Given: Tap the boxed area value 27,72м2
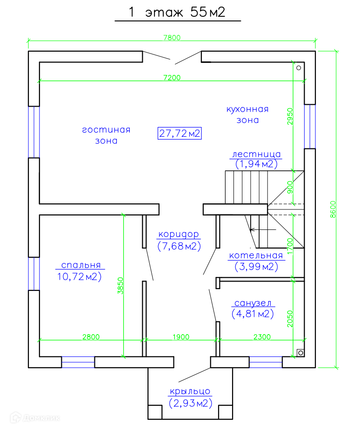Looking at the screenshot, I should point(180,134).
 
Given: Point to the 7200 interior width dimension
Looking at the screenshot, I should point(172,77).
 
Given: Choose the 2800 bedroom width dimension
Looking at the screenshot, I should point(91,337).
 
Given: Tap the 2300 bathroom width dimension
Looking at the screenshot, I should point(262,337).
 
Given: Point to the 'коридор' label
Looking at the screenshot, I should point(178,234).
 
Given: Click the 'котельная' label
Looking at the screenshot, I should point(256,255).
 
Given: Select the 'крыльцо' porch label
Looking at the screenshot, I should point(190,391).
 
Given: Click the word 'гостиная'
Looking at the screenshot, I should point(106,130).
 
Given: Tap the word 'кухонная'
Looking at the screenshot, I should point(247,109).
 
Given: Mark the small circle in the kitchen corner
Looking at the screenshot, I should point(299,68).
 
